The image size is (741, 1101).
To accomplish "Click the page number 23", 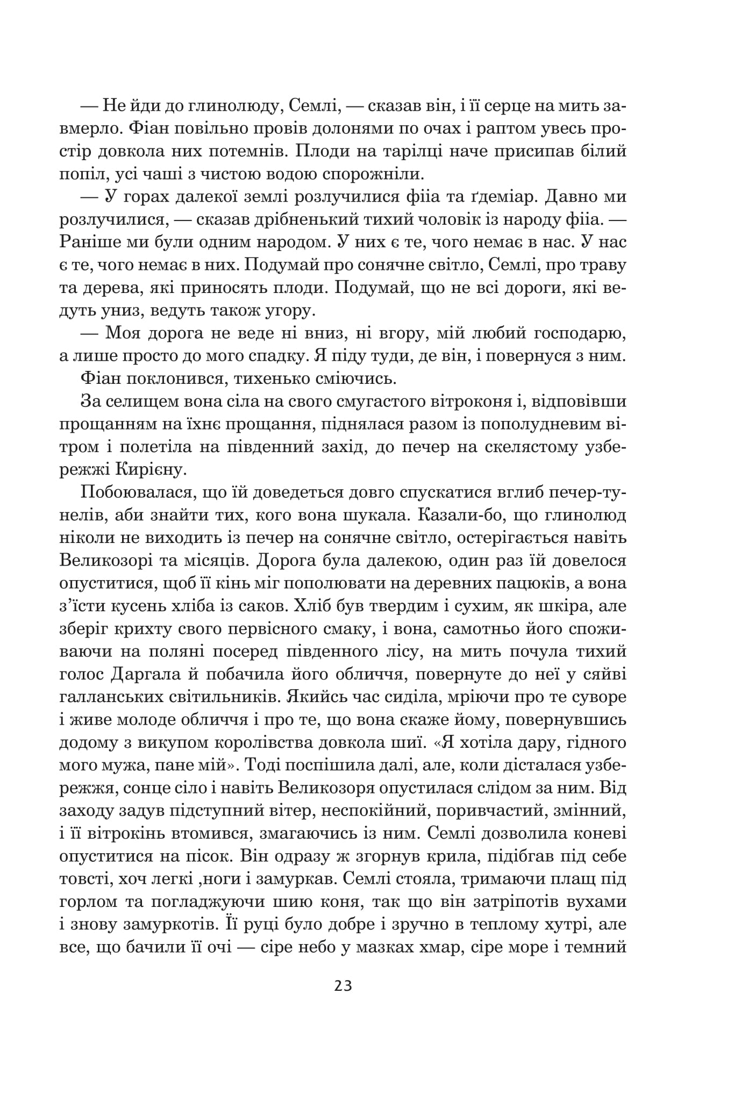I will pyautogui.click(x=343, y=986).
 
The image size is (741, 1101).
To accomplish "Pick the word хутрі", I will pyautogui.click(x=554, y=924).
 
